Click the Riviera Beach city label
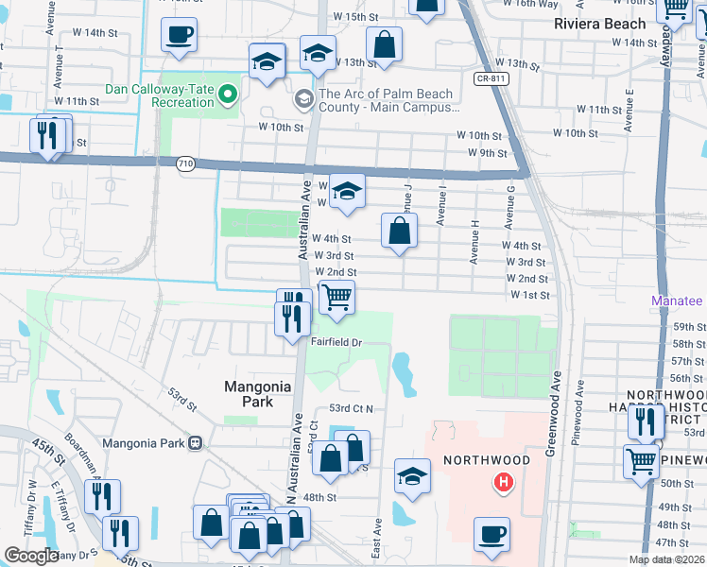600,24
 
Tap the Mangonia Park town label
249,394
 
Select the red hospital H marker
504,483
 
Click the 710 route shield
185,163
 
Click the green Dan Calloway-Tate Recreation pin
228,94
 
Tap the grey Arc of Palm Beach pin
303,97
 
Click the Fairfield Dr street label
337,342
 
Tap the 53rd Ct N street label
352,408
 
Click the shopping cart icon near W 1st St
336,297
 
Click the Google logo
31,556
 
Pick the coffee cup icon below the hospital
491,534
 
